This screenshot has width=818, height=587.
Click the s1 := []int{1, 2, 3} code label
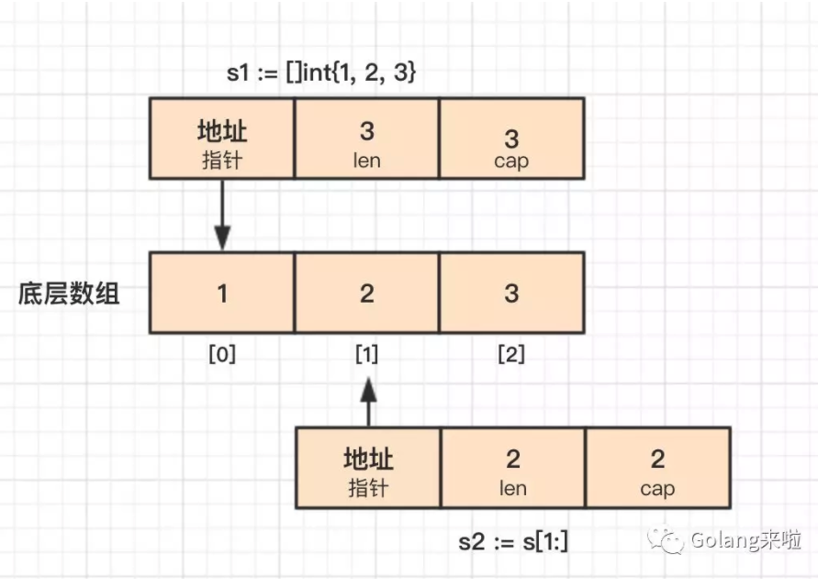[322, 72]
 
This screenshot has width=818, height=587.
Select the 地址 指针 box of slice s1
[222, 138]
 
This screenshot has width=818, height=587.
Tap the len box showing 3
[366, 138]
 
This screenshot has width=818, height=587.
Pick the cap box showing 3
[511, 138]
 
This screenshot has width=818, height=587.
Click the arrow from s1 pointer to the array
[222, 216]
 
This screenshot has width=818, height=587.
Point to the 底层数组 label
[70, 294]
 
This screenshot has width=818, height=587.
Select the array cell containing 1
[222, 293]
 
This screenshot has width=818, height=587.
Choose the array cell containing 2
[366, 293]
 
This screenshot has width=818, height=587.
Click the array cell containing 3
[511, 293]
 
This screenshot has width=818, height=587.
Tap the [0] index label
[222, 355]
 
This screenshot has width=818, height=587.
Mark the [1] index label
[367, 355]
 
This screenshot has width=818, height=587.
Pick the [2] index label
[511, 355]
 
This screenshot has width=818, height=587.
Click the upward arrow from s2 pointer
[368, 404]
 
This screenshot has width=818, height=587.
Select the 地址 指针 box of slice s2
[368, 468]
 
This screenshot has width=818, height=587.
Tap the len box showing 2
[512, 468]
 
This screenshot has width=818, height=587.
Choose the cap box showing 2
[657, 468]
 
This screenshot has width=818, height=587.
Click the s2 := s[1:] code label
[513, 541]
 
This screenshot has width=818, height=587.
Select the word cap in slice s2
[657, 489]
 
